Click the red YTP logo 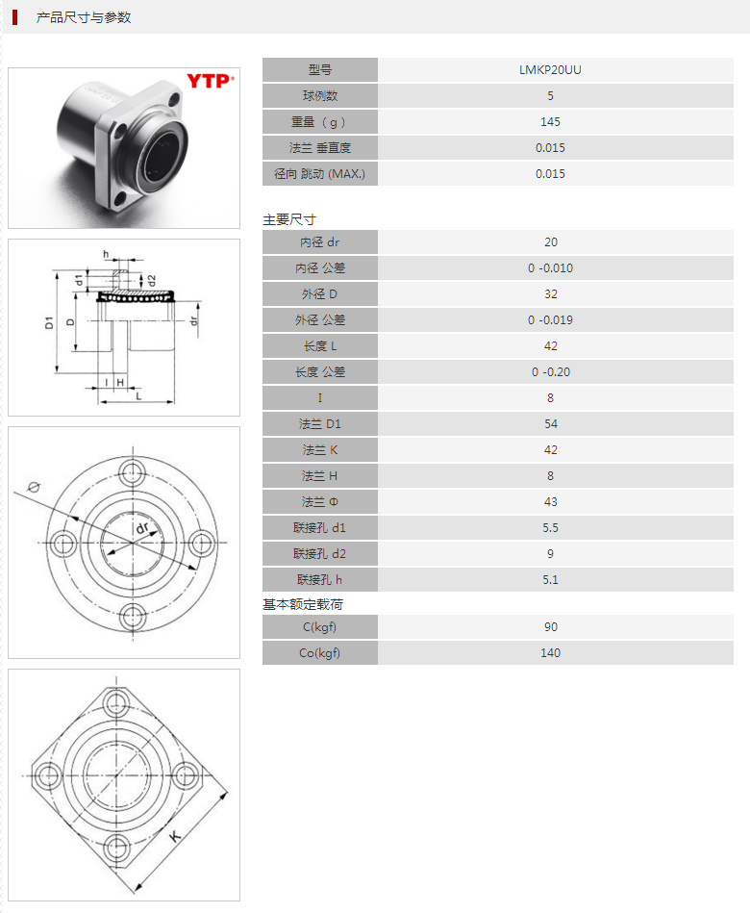[209, 82]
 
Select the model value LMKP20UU [550, 70]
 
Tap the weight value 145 [550, 122]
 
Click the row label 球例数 [320, 96]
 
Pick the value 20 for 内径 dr [550, 242]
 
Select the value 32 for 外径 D [550, 294]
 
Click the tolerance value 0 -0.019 [550, 320]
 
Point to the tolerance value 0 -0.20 [550, 372]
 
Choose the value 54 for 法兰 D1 [550, 424]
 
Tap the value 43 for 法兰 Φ [550, 502]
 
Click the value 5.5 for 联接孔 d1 [550, 528]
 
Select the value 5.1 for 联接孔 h [550, 580]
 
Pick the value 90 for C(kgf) [550, 627]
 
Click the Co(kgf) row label [320, 653]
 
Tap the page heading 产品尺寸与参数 [84, 17]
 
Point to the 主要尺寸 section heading [289, 219]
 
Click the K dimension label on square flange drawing [176, 836]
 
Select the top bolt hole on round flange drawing [132, 470]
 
